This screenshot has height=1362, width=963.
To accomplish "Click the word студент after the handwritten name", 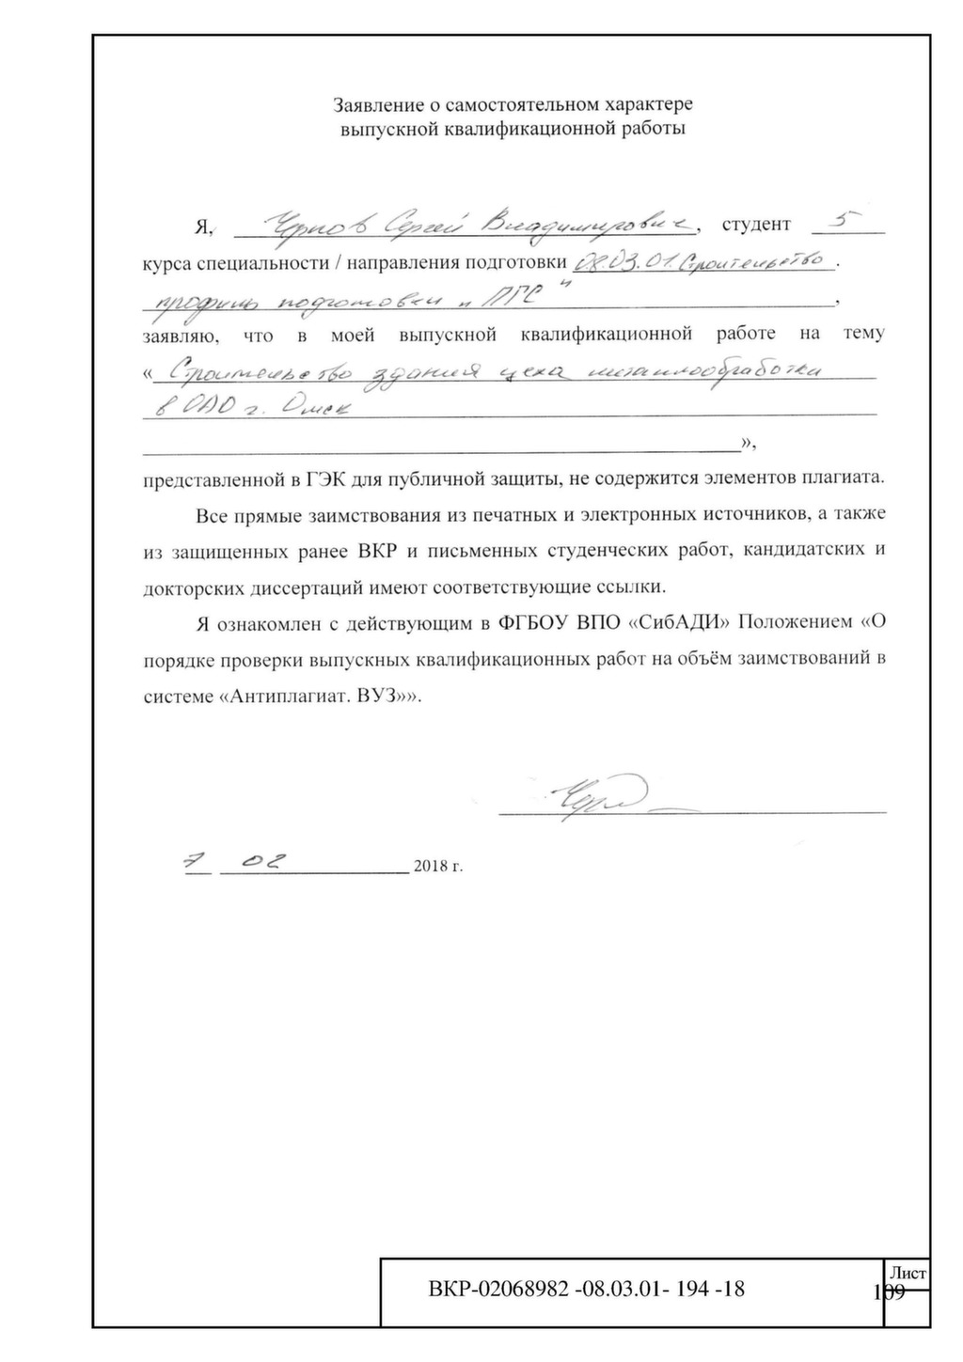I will [756, 226].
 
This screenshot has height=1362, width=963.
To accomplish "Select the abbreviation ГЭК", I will [323, 477].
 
